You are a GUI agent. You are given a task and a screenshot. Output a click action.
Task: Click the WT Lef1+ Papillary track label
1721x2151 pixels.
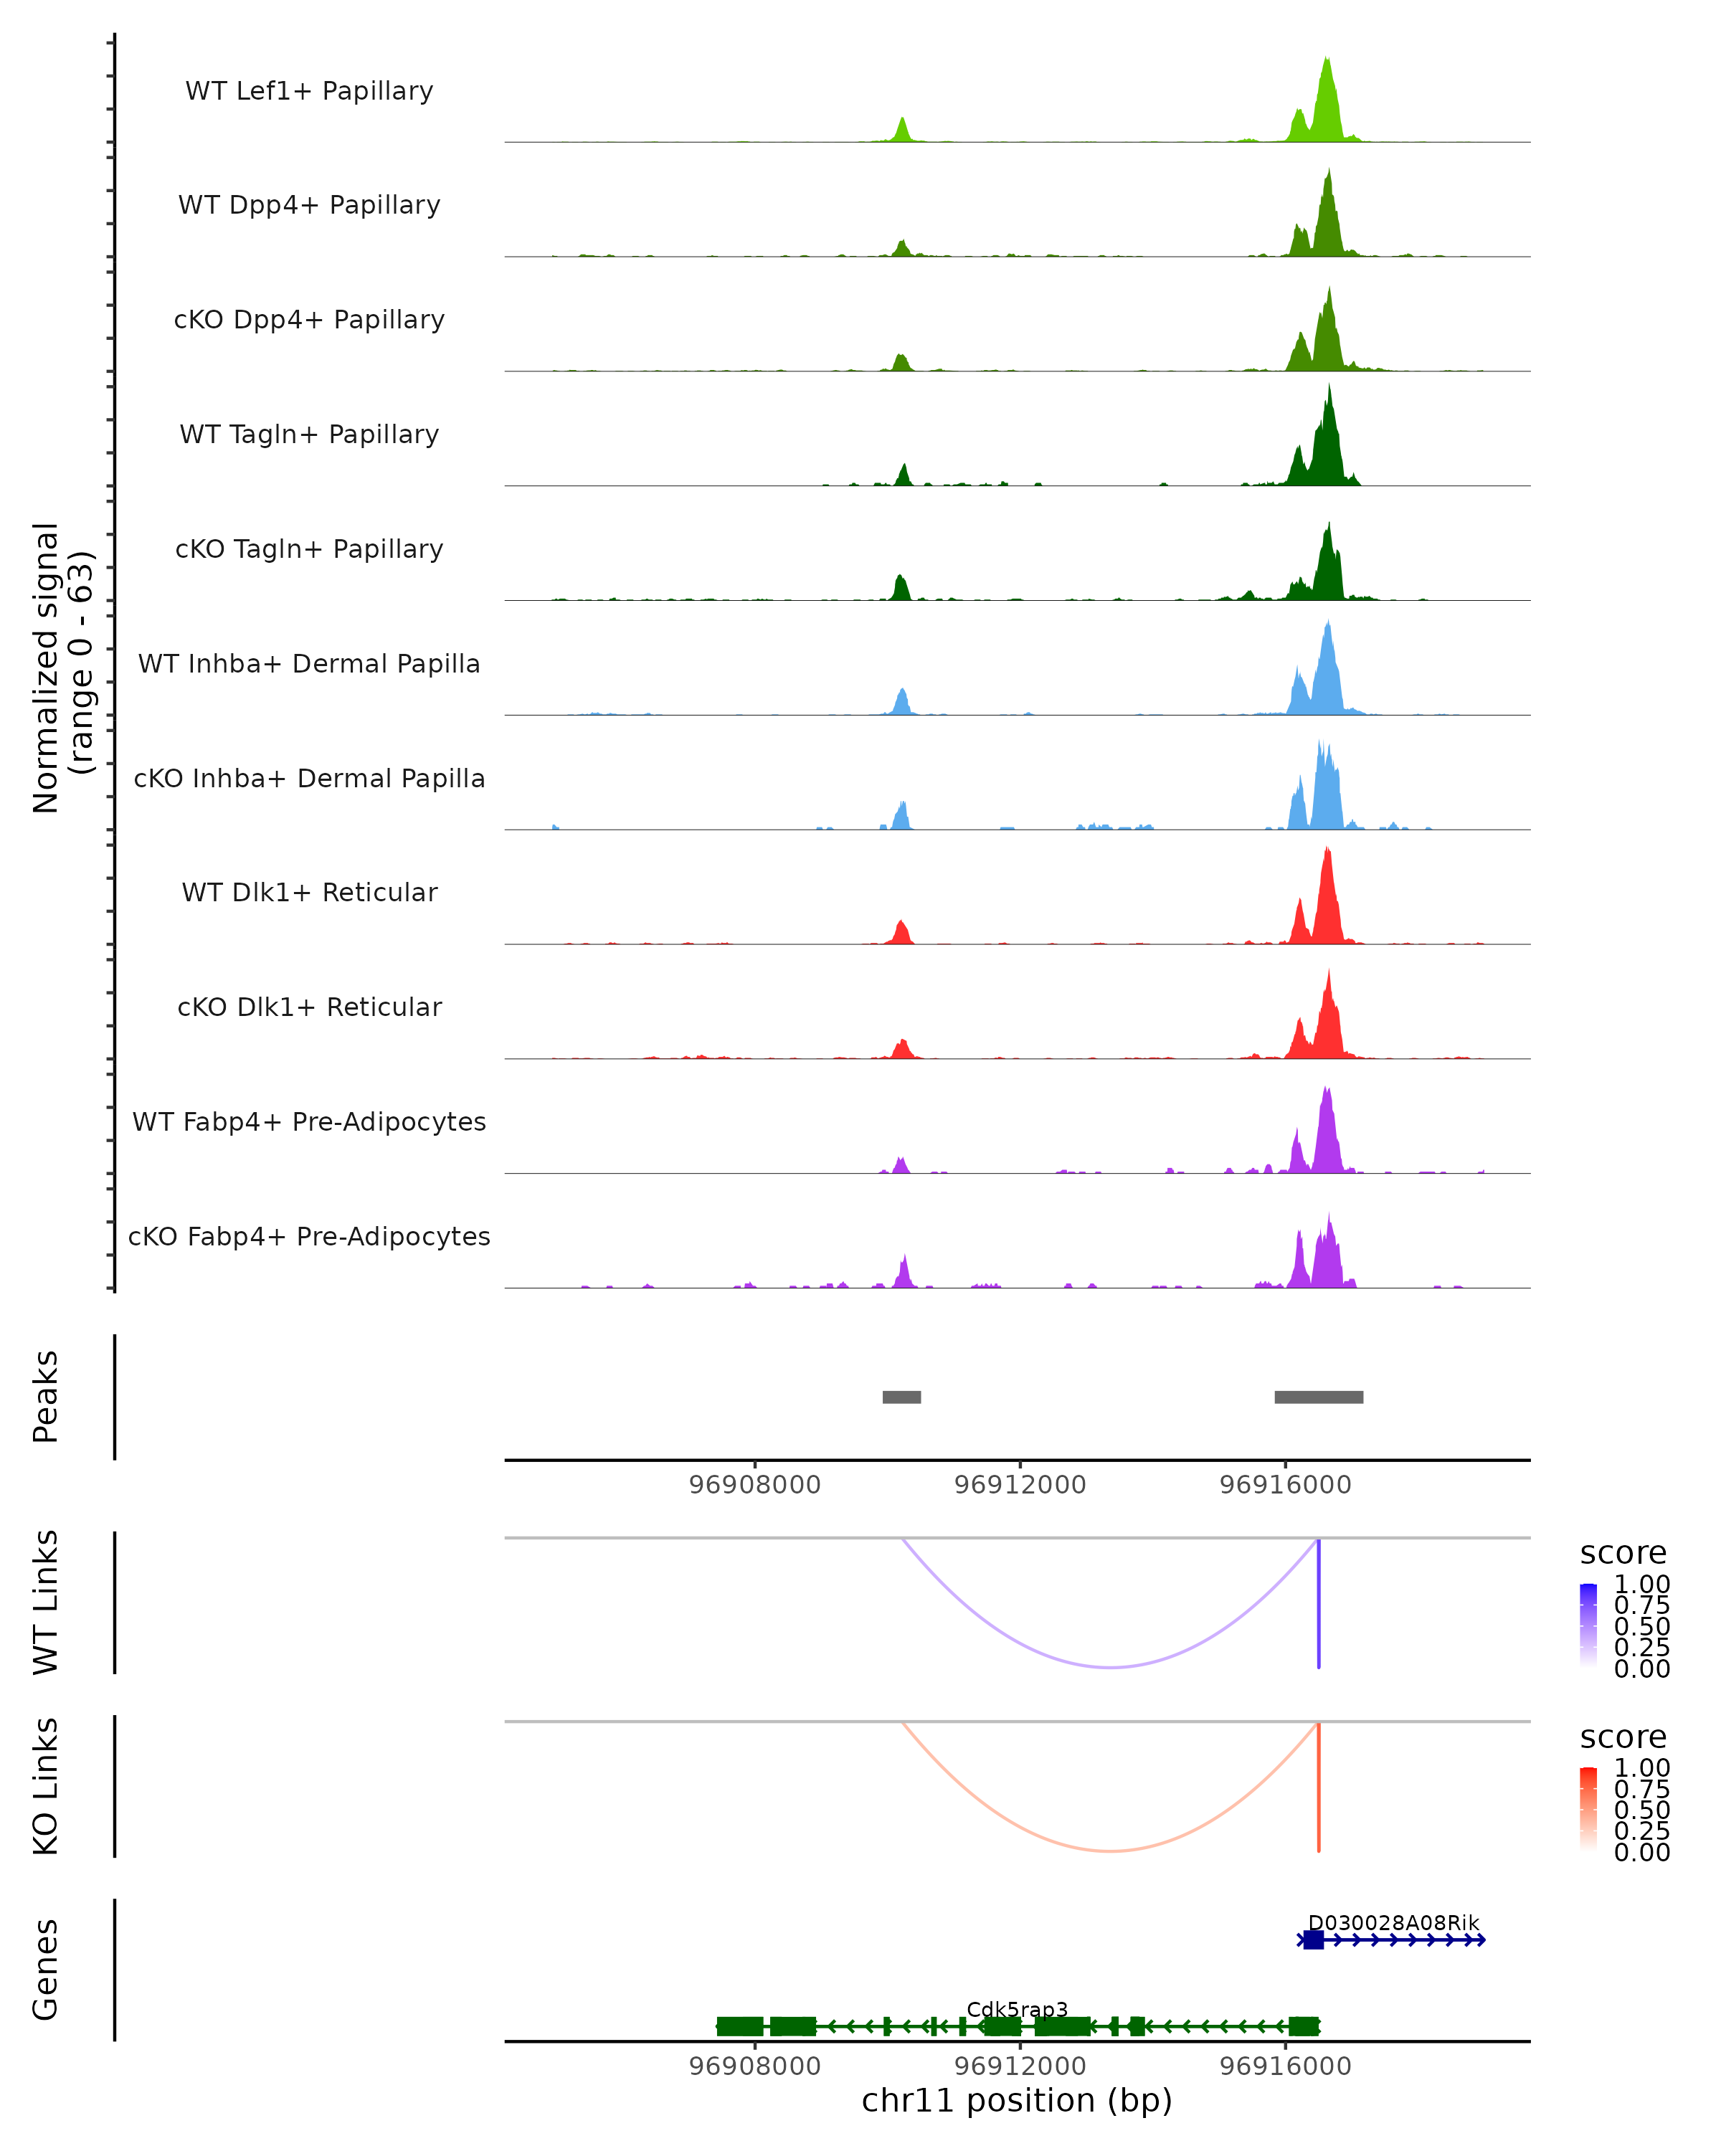click(309, 91)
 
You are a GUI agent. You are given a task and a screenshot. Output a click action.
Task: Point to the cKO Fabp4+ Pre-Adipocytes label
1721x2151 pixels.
click(309, 1236)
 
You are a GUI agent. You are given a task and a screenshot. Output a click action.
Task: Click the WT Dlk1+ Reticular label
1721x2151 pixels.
click(309, 892)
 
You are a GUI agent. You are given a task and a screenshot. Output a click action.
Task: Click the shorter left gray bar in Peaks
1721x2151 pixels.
click(902, 1397)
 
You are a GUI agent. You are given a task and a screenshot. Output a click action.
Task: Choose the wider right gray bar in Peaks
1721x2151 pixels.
click(1318, 1397)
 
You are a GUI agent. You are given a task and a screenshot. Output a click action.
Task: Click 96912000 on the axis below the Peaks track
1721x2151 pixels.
click(1020, 1485)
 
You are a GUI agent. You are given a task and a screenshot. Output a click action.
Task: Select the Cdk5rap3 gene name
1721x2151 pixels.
click(1017, 2009)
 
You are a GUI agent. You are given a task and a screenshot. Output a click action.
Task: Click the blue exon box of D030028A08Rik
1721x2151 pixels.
click(1313, 1939)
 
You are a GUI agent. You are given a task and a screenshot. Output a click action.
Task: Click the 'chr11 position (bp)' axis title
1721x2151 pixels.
click(1017, 2100)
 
